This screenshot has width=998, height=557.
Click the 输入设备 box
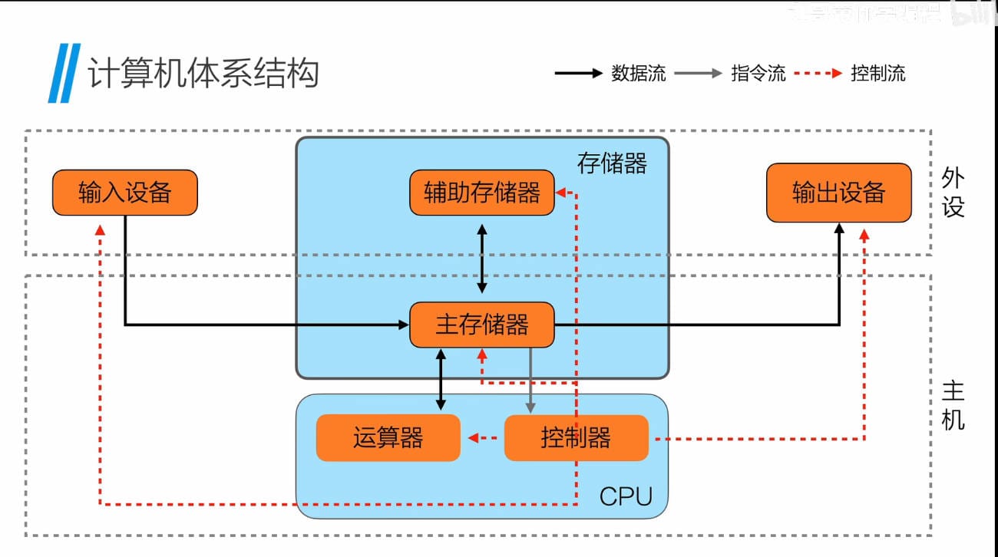[124, 193]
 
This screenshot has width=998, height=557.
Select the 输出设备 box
[838, 193]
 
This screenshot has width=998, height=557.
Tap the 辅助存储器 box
[481, 193]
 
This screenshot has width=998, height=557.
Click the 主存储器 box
[481, 325]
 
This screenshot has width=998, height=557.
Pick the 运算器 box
[388, 438]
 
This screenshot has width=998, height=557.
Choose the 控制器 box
[576, 438]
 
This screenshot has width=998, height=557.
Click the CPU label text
[626, 496]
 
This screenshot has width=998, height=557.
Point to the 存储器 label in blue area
[612, 163]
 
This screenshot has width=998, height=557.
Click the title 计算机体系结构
[203, 74]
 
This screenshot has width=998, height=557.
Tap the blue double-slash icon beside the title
[64, 74]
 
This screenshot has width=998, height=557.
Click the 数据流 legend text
[638, 74]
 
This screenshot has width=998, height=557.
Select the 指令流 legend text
[758, 74]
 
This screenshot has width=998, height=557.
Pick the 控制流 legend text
[877, 74]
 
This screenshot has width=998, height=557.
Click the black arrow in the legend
[579, 74]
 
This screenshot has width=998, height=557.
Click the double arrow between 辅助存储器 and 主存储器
[482, 259]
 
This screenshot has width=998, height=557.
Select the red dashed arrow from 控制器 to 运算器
[484, 438]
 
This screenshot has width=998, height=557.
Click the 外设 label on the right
[953, 193]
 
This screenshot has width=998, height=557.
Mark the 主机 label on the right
[953, 407]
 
